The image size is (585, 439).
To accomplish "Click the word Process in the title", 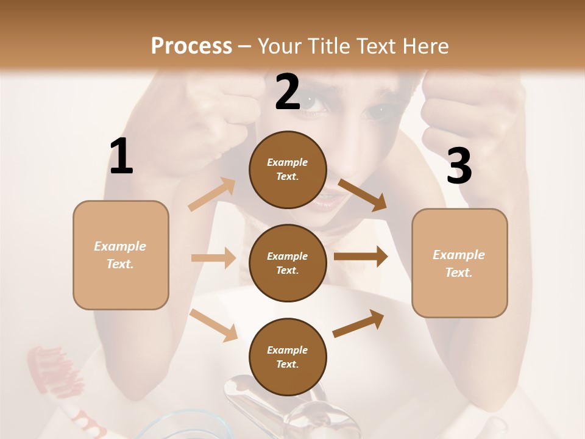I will coord(191,46).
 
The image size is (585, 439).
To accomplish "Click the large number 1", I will coord(121,157).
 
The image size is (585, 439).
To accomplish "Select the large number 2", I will coord(288,92).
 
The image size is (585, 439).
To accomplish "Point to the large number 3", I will coord(459,166).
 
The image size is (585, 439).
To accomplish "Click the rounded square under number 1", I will coord(121,255).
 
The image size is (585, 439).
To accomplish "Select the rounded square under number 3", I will coord(459,263).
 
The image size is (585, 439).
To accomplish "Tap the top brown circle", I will coord(288,170).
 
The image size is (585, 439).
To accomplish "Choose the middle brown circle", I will coord(288,263).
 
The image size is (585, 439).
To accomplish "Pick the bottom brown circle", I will coord(288,357).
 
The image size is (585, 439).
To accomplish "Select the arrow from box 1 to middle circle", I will coord(213,258).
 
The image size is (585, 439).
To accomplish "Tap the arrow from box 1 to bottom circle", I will coord(214,324).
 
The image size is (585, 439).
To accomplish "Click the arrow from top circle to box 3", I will coord(363,195).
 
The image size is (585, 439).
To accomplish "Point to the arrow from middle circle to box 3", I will coord(361,257).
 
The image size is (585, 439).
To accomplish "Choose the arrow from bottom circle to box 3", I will coord(359,323).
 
